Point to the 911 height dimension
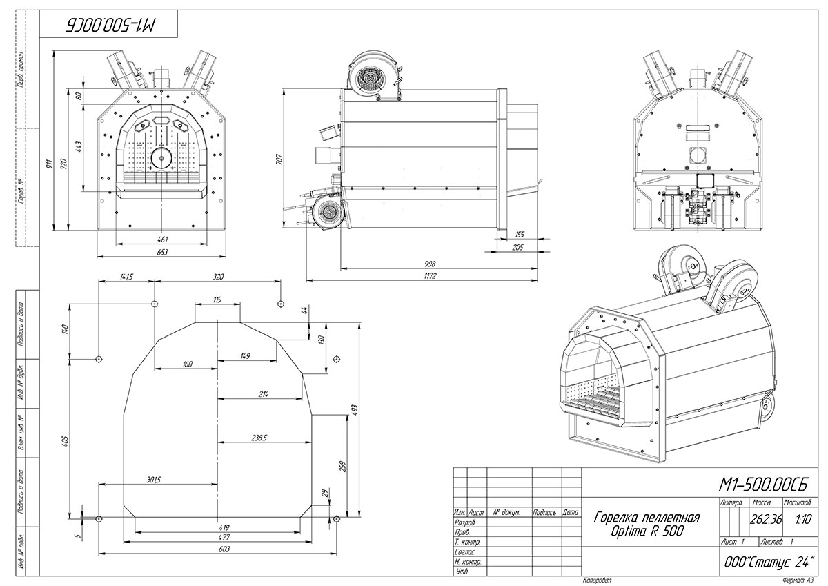click(49, 166)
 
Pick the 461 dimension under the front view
click(162, 239)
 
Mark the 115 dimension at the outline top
click(217, 299)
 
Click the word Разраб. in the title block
click(464, 523)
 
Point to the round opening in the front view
click(162, 157)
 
